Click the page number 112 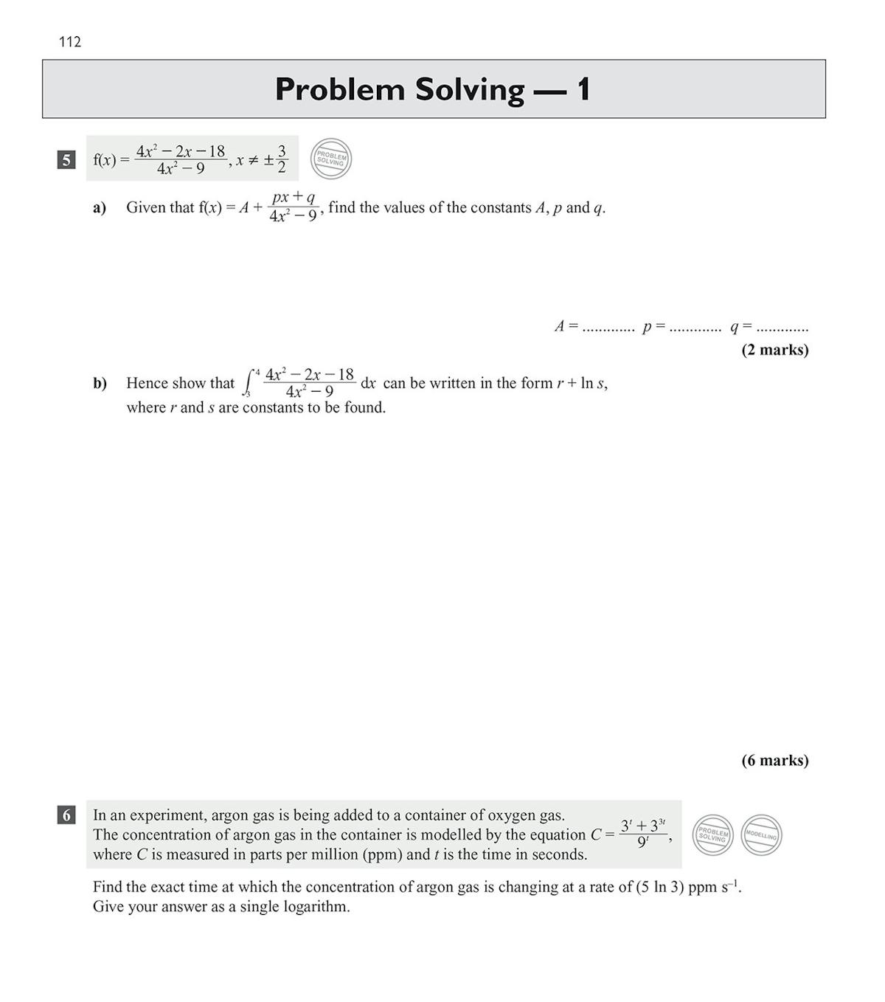pos(70,42)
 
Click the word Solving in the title pos(469,90)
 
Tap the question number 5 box pos(66,159)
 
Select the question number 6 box pos(66,815)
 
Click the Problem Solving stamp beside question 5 pos(331,159)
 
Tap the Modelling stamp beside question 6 pos(761,835)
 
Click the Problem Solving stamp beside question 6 pos(713,835)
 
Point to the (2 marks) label pos(774,350)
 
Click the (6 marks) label pos(774,761)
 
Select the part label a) pos(100,208)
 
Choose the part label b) pos(100,384)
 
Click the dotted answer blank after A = pos(608,328)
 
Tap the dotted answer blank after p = pos(695,328)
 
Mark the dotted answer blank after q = pos(782,328)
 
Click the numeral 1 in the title pos(583,90)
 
